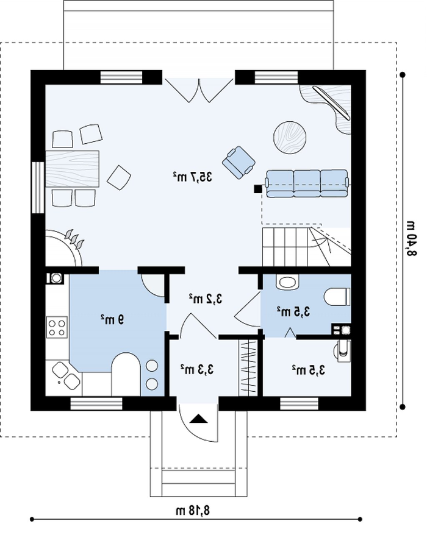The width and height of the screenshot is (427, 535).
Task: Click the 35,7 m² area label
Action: tap(192, 177)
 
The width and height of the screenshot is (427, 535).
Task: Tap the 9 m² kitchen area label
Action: tap(112, 319)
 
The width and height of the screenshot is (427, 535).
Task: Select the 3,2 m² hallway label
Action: tap(206, 299)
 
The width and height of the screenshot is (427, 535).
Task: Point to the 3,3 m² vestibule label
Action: tap(197, 369)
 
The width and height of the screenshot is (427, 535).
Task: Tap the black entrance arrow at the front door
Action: tap(198, 419)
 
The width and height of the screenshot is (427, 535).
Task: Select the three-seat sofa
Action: tap(307, 183)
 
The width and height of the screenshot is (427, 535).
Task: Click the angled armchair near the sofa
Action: tap(239, 162)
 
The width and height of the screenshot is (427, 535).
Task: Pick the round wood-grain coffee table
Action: tap(290, 137)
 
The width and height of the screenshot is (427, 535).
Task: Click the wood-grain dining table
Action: tap(72, 169)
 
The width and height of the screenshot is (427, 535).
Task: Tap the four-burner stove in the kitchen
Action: tap(57, 327)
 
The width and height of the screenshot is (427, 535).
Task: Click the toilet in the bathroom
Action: tap(337, 297)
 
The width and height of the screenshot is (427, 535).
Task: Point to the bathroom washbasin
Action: tap(287, 283)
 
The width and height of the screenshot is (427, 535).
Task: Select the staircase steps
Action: tap(306, 247)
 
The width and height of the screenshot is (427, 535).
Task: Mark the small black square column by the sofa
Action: tap(257, 189)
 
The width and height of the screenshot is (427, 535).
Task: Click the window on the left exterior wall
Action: tap(38, 188)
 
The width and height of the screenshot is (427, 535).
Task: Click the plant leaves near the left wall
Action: tap(74, 238)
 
